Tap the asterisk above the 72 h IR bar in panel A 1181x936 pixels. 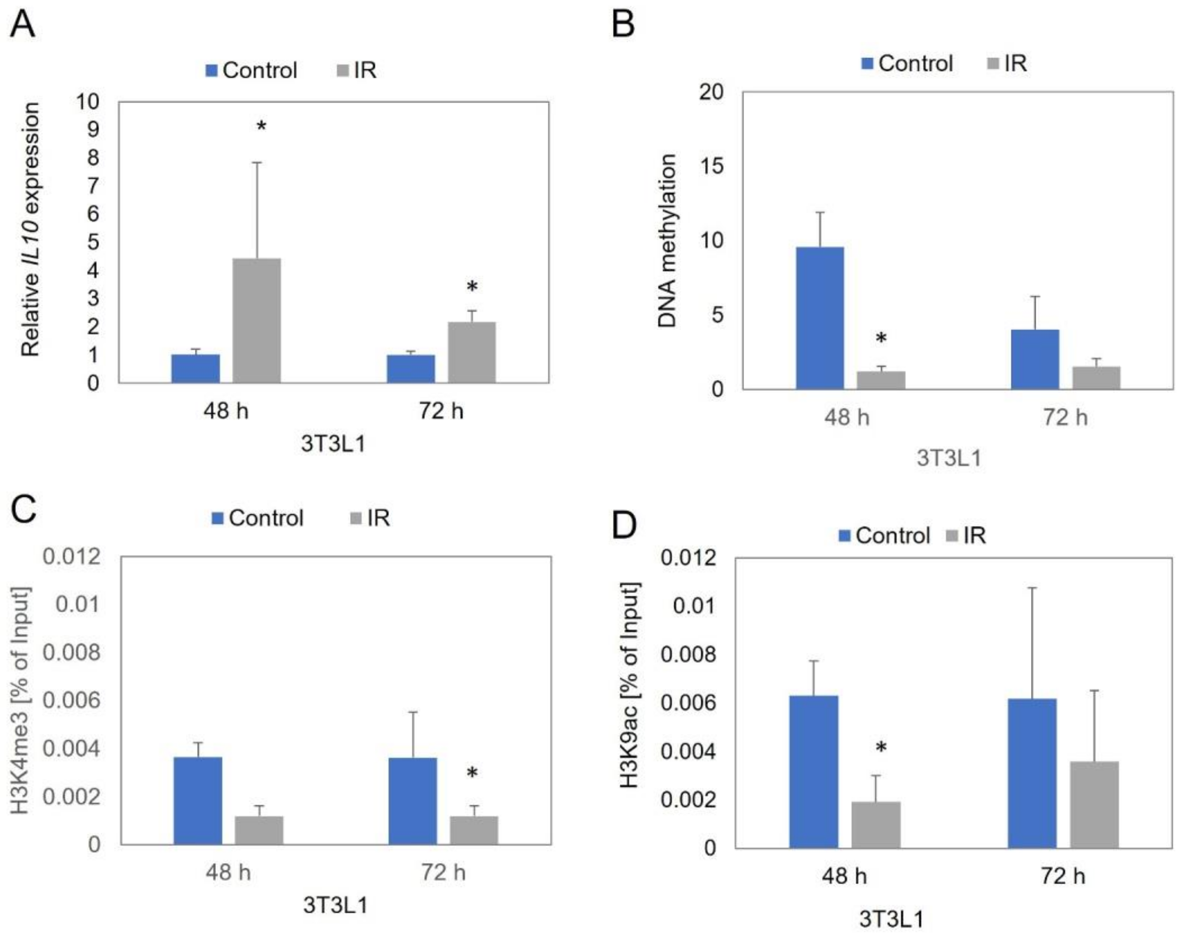pos(472,287)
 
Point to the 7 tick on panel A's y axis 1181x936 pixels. pos(93,185)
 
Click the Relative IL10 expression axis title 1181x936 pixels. pos(31,229)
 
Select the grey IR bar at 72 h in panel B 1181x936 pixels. pos(1096,378)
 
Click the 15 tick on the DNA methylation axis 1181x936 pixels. pos(711,165)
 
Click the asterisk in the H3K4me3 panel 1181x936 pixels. pos(472,773)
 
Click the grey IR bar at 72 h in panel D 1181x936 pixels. pos(1094,804)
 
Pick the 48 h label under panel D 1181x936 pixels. pos(844,876)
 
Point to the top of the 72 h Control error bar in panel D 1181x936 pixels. pos(1032,588)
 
